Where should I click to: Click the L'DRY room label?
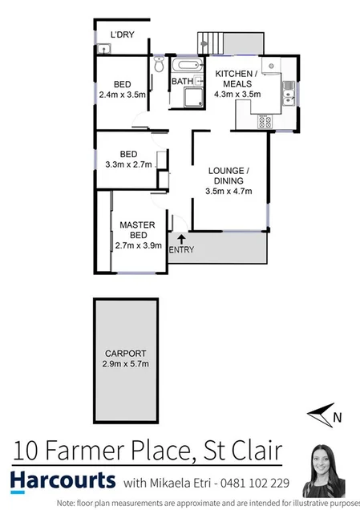[x=122, y=34]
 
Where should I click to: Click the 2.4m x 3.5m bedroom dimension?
[x=122, y=93]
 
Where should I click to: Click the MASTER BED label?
[x=138, y=230]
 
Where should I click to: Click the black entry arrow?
[x=181, y=239]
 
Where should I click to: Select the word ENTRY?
[x=181, y=250]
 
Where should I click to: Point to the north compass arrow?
[x=322, y=415]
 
